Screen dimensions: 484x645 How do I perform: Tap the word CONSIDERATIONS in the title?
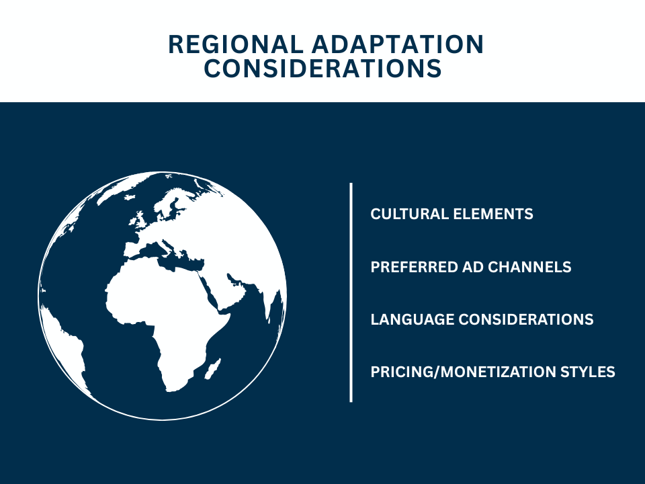(322, 69)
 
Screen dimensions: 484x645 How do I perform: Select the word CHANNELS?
(534, 267)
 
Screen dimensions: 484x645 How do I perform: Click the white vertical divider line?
(351, 292)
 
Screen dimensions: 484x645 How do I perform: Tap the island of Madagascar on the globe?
(214, 368)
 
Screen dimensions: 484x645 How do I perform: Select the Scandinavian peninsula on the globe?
(176, 202)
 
